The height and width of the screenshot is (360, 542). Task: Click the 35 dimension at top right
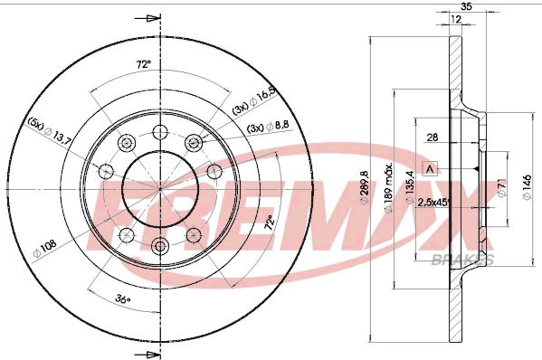pyautogui.click(x=468, y=5)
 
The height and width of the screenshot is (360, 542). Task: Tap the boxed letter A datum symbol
pyautogui.click(x=431, y=167)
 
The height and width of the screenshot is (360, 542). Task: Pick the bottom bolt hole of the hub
pyautogui.click(x=160, y=245)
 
